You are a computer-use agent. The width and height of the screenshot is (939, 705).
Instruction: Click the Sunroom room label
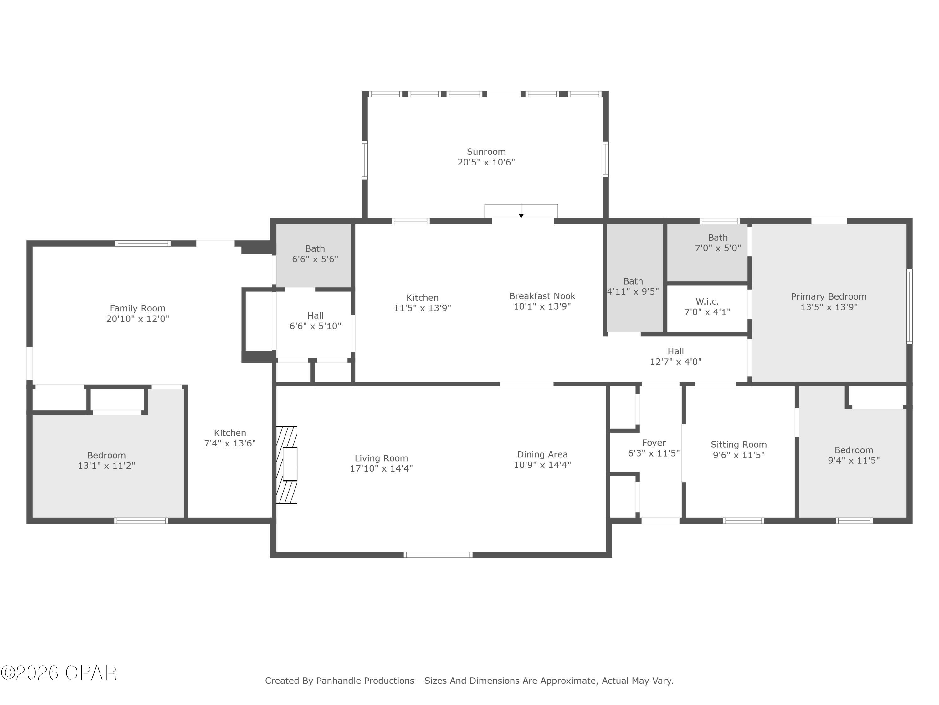[x=486, y=152]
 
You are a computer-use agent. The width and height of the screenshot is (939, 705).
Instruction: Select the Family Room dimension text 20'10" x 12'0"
[x=137, y=319]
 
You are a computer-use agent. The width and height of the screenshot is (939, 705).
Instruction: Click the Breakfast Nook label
[x=542, y=296]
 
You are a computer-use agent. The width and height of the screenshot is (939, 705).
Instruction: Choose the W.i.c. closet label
[x=707, y=302]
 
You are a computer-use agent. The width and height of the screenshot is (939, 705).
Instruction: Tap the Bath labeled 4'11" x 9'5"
[x=633, y=286]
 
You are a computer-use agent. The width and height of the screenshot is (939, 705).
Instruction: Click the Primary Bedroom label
[x=829, y=297]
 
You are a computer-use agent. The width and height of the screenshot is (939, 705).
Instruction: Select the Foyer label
[x=654, y=443]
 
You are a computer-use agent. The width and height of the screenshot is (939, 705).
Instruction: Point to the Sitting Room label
[x=739, y=445]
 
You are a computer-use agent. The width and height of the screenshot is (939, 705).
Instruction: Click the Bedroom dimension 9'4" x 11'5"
[x=854, y=460]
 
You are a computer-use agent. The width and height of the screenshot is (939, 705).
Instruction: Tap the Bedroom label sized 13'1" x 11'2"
[x=106, y=456]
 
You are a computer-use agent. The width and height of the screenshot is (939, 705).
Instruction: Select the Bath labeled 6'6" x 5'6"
[x=315, y=254]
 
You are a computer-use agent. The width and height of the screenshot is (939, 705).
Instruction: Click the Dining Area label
[x=542, y=454]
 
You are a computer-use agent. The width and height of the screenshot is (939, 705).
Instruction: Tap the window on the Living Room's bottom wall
[x=438, y=555]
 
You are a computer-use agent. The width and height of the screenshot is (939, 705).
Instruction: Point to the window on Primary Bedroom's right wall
[x=909, y=306]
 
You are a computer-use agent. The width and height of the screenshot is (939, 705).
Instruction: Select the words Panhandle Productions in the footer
[x=365, y=681]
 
